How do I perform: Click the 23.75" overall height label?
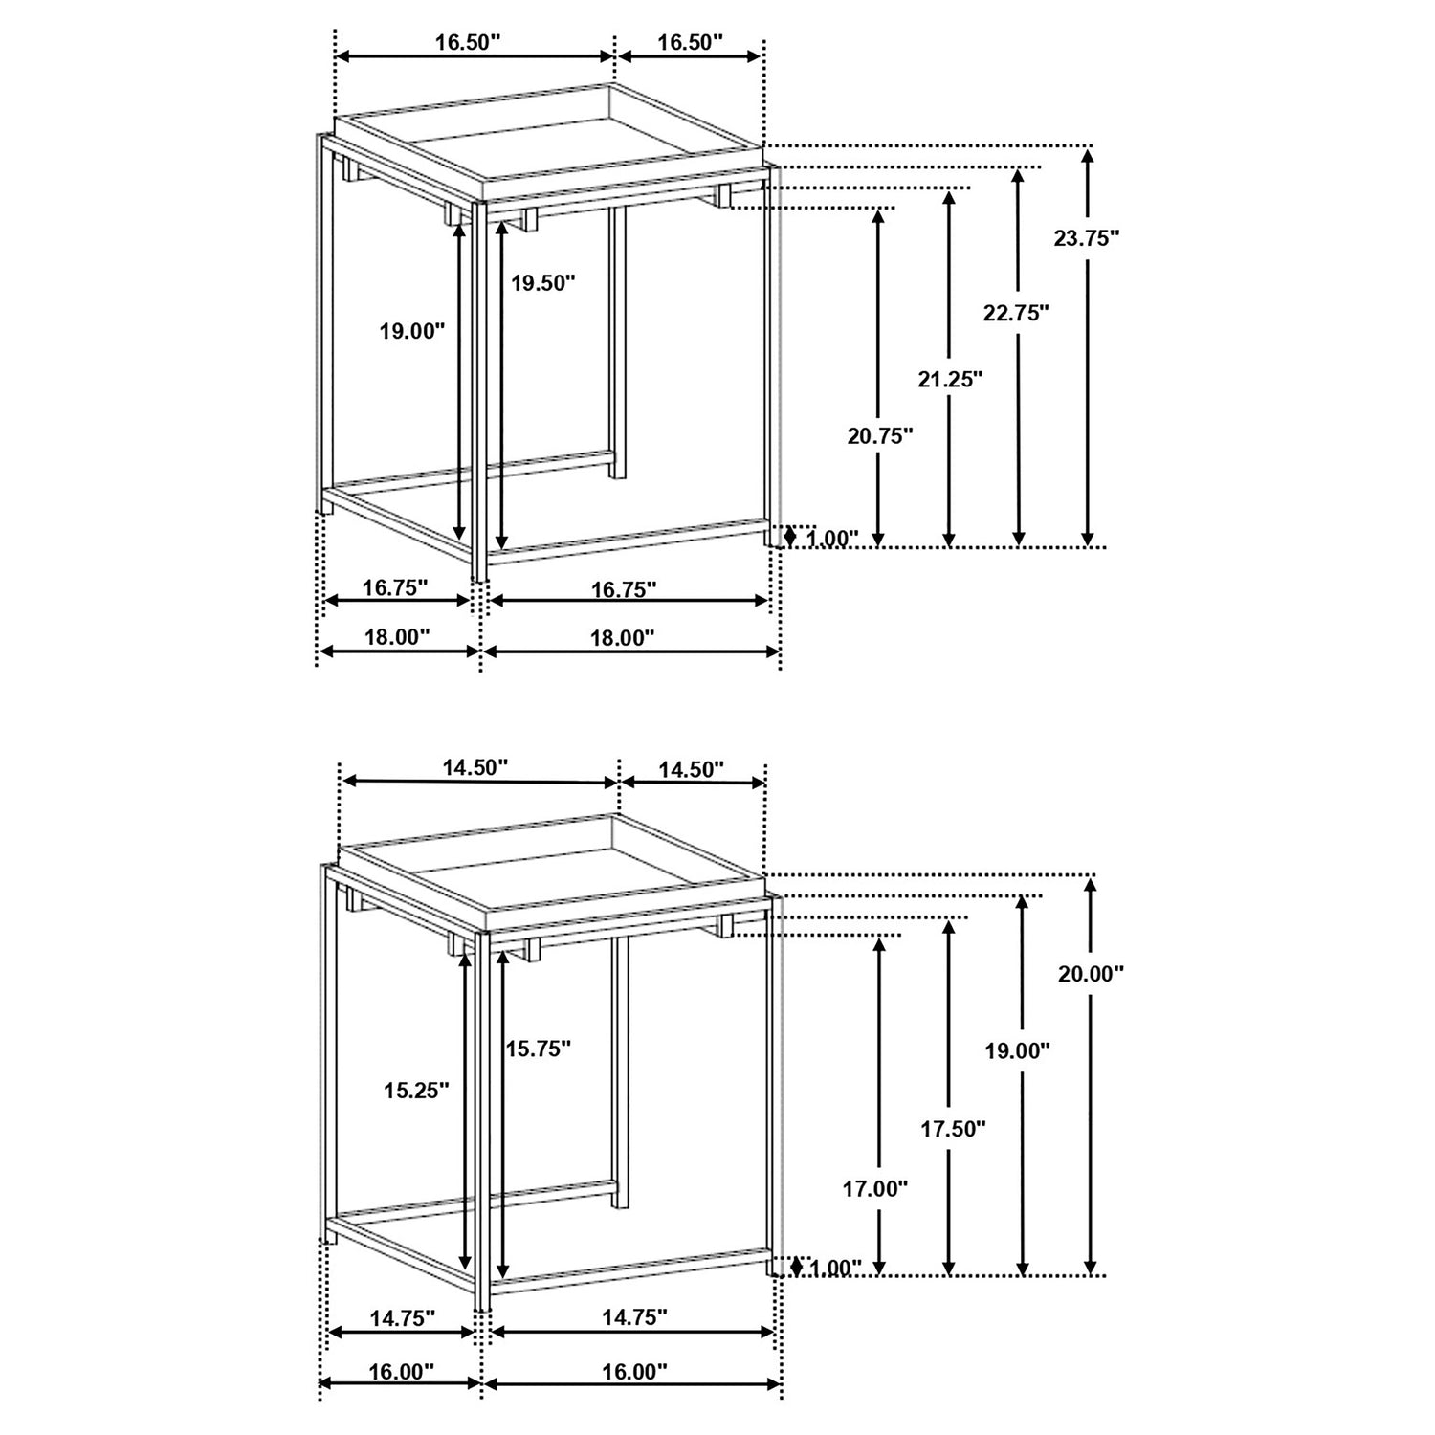(1087, 238)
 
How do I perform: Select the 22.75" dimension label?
(1017, 312)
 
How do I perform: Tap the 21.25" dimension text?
(950, 380)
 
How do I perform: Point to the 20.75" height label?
(880, 436)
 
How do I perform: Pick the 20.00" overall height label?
(1091, 974)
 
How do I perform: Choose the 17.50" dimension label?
(953, 1129)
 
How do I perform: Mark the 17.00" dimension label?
(874, 1189)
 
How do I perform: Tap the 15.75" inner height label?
(539, 1049)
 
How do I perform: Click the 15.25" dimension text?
(416, 1091)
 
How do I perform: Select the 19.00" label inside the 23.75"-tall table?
(412, 331)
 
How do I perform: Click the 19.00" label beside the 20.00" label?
(1018, 1050)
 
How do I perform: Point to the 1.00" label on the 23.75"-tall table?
(832, 539)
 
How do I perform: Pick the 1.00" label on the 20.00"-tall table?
(835, 1269)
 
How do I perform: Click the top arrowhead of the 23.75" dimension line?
(1087, 153)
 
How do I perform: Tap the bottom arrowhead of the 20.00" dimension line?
(1092, 1268)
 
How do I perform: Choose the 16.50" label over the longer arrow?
(468, 42)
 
